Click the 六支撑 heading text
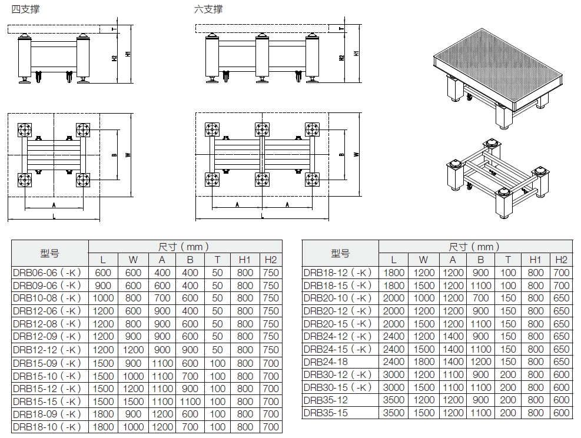[x=208, y=9]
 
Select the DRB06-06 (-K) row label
[x=47, y=273]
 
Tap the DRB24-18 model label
[x=325, y=362]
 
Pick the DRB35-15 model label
[x=325, y=413]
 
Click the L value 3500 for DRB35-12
[x=394, y=400]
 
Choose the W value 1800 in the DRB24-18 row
[x=424, y=362]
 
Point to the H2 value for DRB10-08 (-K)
[x=270, y=298]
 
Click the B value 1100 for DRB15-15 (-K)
[x=190, y=401]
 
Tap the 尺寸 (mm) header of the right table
[x=475, y=247]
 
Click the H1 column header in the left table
[x=245, y=260]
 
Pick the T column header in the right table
[x=508, y=260]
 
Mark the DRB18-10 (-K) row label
[x=47, y=427]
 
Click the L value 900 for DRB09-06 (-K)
[x=103, y=286]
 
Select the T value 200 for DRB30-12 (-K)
[x=508, y=374]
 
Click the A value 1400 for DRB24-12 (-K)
[x=453, y=336]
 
